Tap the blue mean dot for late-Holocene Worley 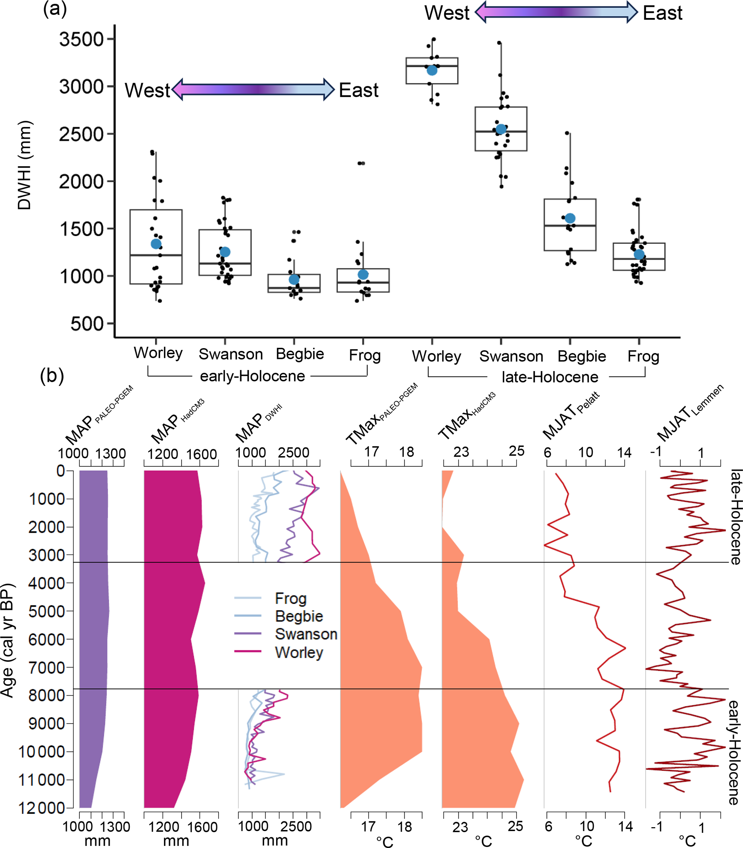coord(432,70)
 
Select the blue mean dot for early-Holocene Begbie coord(294,279)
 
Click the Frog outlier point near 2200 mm coord(362,163)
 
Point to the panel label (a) coord(55,9)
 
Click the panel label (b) coord(52,376)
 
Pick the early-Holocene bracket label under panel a coord(252,376)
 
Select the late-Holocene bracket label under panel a coord(550,377)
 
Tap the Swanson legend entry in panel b coord(306,634)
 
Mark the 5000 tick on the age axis coord(46,611)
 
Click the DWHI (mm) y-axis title coord(24,165)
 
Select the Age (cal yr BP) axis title coord(8,640)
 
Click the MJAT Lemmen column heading coord(689,413)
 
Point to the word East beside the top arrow coord(662,13)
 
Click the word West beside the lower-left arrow coord(147,90)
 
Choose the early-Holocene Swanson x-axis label coord(230,354)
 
